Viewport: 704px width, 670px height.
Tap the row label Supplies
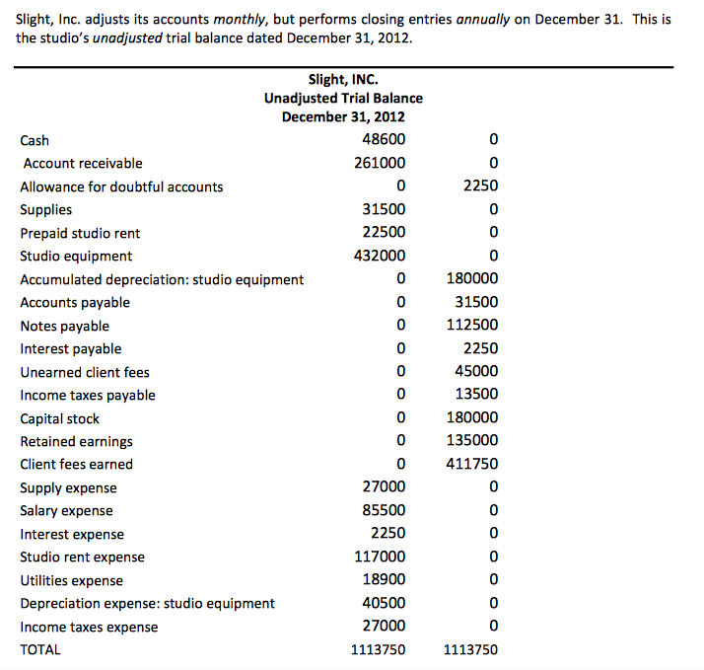tap(46, 209)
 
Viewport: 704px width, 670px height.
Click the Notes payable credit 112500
tap(472, 326)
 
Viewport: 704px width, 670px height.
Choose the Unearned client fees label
tap(85, 372)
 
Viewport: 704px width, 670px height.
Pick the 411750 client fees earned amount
tap(472, 464)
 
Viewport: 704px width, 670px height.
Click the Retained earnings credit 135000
tap(472, 441)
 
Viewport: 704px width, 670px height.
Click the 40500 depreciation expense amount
tap(384, 603)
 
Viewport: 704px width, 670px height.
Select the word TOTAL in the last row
tap(40, 649)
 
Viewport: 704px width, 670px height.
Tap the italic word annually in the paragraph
tap(484, 20)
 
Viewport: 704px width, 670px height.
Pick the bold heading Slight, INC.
tap(343, 79)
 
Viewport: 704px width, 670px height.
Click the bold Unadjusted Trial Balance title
tap(343, 98)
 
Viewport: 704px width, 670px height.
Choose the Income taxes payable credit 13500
tap(476, 395)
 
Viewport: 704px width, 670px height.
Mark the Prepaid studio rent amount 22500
tap(384, 233)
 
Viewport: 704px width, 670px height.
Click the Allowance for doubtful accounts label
tap(121, 186)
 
